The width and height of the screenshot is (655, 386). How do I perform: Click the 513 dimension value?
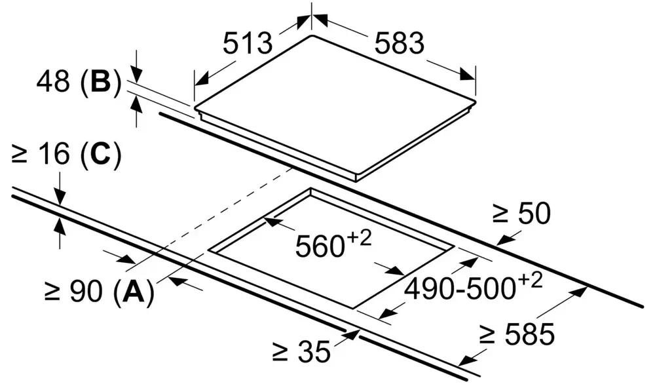(248, 43)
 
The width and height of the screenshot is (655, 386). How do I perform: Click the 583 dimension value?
(399, 43)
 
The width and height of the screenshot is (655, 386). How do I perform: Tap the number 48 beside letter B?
(53, 81)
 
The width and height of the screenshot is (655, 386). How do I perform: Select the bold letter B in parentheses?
(101, 81)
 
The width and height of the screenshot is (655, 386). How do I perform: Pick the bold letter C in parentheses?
(100, 154)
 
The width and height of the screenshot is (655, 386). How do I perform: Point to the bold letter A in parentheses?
(133, 291)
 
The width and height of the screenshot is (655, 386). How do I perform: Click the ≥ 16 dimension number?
(41, 154)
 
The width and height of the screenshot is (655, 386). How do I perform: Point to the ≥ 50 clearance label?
(521, 214)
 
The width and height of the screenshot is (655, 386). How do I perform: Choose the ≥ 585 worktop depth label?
(517, 334)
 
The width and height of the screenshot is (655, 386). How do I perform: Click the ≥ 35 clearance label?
(301, 351)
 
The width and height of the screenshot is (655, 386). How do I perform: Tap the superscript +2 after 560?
(359, 239)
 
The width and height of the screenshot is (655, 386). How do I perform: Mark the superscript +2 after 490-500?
(531, 280)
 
